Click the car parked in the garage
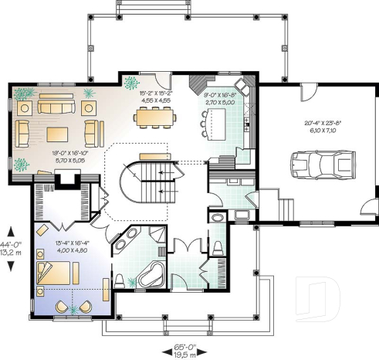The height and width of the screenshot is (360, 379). coord(316,165)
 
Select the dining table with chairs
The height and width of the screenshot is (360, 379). coord(154,117)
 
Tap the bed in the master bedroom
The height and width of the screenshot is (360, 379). coord(57,272)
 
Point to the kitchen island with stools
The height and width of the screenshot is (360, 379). coord(216,120)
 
